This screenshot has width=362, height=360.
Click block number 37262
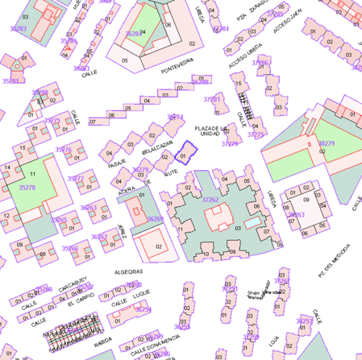(x=210, y=199)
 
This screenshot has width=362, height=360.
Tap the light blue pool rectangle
(x=252, y=221)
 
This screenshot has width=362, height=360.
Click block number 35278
(x=27, y=187)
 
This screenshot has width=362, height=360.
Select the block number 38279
(x=326, y=143)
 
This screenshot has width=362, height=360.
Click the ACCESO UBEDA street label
(x=245, y=56)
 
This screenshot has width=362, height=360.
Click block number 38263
(x=296, y=215)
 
